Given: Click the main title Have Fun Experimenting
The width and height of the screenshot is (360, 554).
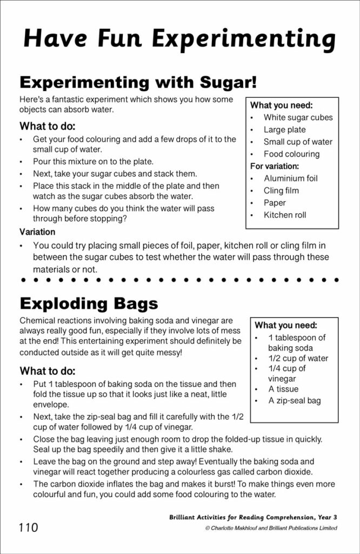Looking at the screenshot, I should coord(179,39).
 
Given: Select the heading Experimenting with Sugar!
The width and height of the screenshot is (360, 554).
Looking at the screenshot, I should coord(137,82).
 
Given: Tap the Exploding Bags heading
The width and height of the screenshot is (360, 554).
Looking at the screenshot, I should coord(89,302).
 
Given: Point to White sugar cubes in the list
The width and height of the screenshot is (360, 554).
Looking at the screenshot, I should coord(298,117).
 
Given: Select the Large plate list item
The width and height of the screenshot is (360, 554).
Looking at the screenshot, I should coord(284,130).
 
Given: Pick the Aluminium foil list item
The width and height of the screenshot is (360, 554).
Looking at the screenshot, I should coord(290,179).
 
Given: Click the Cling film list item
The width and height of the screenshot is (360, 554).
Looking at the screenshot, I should coord(281,190).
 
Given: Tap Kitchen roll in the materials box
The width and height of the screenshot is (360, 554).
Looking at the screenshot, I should coord(284,215).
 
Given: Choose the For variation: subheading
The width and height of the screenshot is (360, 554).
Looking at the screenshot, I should coord(275,166).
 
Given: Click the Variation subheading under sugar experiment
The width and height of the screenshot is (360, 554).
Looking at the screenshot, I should coord(37,232).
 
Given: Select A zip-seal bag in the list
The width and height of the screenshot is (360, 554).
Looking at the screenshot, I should coord(295,401).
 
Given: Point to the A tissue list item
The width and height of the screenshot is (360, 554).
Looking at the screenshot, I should coord(283,389).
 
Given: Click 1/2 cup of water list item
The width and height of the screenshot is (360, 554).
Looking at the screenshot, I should coord(298,358).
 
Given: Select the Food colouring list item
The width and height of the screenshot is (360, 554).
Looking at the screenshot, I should coord(291,154).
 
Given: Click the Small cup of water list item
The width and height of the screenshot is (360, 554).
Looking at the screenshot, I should coord(298,142).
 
